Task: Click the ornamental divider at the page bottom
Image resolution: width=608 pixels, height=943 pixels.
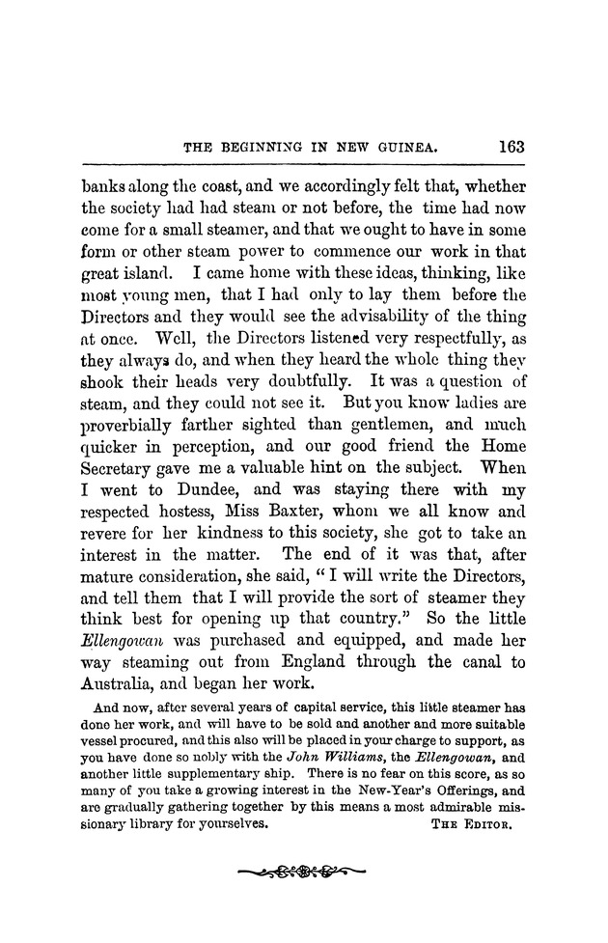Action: [x=303, y=873]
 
